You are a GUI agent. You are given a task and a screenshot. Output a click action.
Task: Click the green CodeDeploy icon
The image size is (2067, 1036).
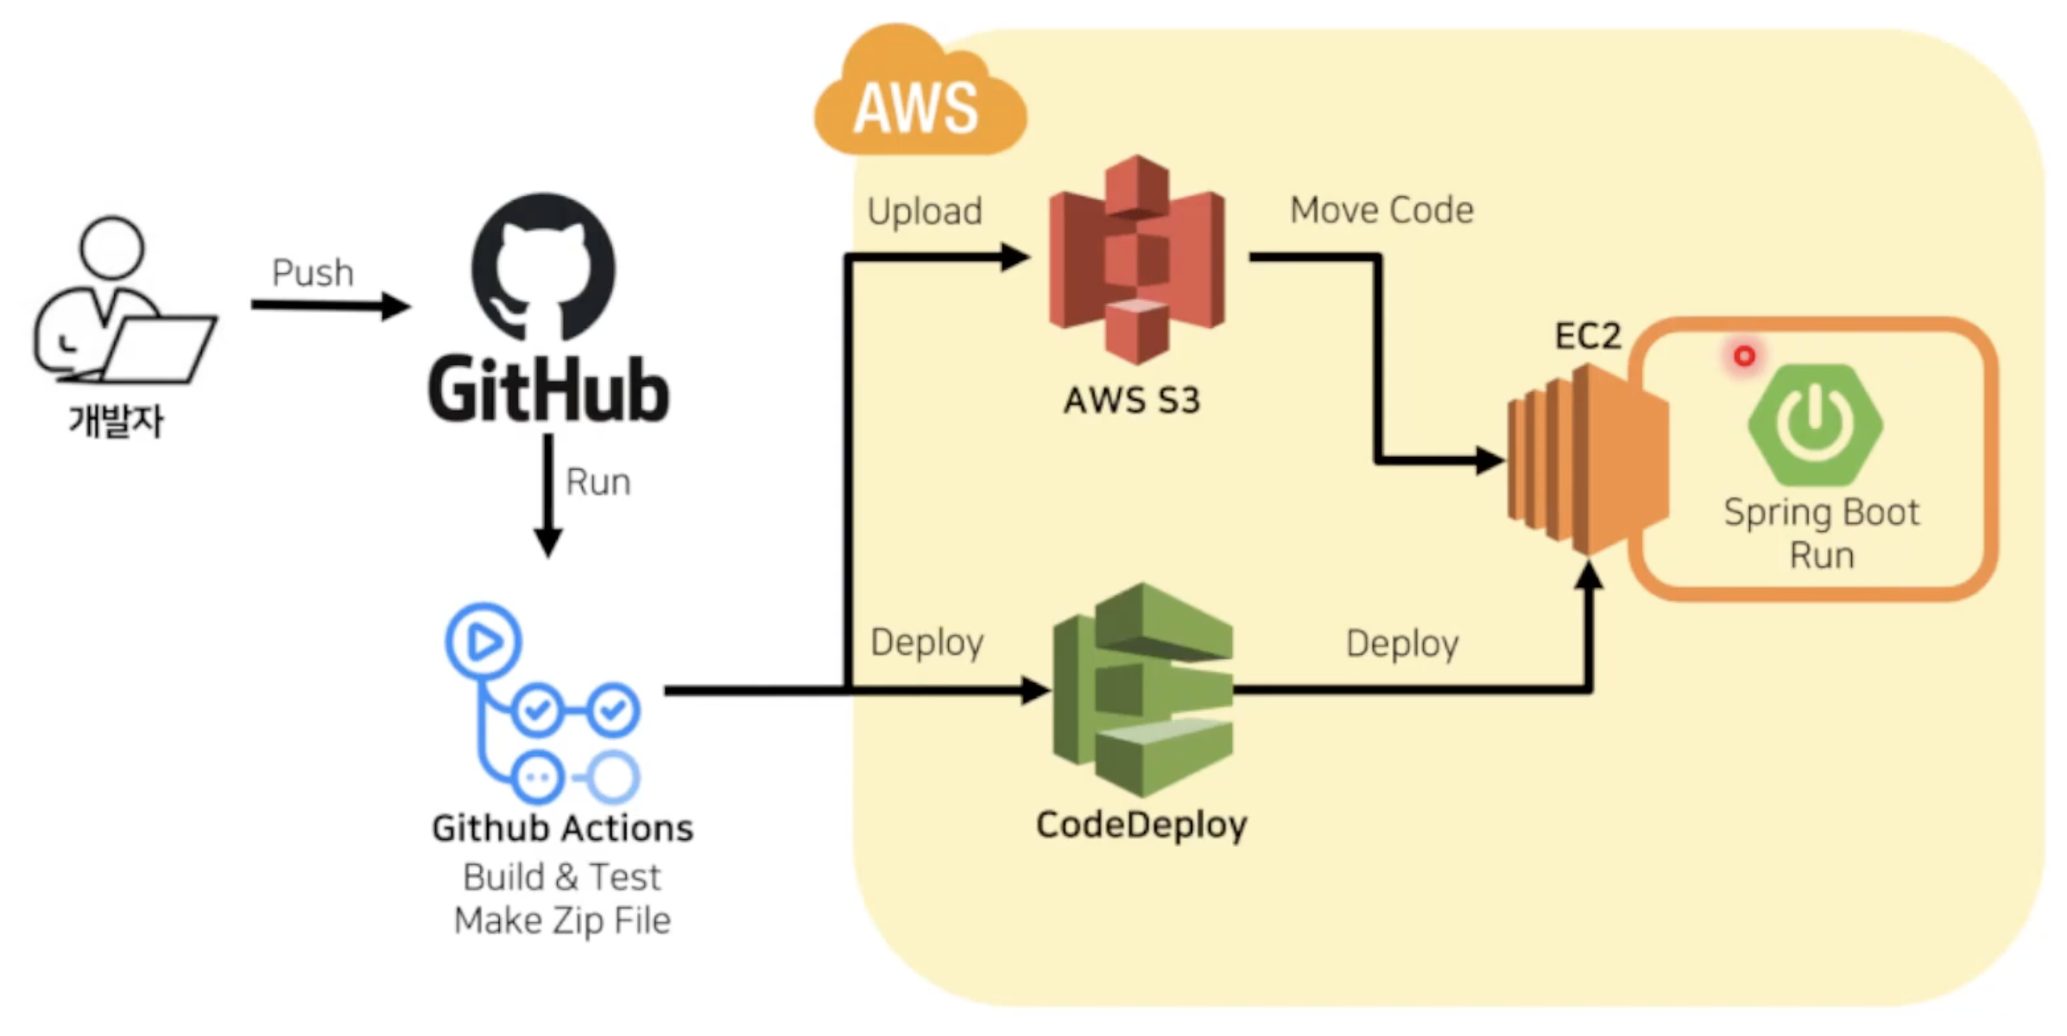pyautogui.click(x=1143, y=689)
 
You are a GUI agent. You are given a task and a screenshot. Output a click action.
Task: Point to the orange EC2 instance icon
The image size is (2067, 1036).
pyautogui.click(x=1587, y=459)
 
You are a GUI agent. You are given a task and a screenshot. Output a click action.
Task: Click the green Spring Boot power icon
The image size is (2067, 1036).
pyautogui.click(x=1815, y=423)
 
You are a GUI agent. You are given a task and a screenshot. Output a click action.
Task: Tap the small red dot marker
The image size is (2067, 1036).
pyautogui.click(x=1744, y=356)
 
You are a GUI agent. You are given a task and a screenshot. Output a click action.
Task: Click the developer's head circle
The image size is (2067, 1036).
pyautogui.click(x=111, y=248)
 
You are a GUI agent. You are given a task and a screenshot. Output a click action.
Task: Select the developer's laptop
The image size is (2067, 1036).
pyautogui.click(x=160, y=349)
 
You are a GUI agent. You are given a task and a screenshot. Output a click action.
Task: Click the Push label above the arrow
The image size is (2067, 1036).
pyautogui.click(x=313, y=273)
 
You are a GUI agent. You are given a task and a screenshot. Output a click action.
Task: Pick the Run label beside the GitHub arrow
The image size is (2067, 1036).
pyautogui.click(x=597, y=482)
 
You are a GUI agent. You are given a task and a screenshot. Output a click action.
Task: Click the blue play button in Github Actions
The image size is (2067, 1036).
pyautogui.click(x=484, y=641)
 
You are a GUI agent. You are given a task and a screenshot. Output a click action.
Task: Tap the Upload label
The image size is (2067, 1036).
pyautogui.click(x=925, y=212)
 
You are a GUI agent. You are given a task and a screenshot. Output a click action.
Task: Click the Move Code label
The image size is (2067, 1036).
pyautogui.click(x=1381, y=210)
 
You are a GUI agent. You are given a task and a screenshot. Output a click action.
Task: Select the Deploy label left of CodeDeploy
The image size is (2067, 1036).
pyautogui.click(x=926, y=642)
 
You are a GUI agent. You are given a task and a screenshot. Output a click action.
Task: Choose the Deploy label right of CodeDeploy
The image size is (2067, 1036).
pyautogui.click(x=1402, y=644)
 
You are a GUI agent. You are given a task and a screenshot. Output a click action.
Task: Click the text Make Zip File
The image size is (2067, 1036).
pyautogui.click(x=562, y=921)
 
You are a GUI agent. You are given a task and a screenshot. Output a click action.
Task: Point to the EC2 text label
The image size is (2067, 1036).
pyautogui.click(x=1588, y=336)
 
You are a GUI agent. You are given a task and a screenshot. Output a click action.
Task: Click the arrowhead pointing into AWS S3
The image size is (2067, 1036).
pyautogui.click(x=1015, y=257)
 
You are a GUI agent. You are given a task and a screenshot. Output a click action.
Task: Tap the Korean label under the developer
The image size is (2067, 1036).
pyautogui.click(x=116, y=421)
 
